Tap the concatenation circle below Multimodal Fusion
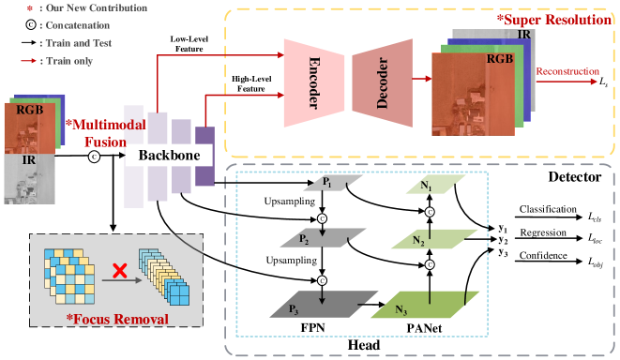[93, 157]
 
